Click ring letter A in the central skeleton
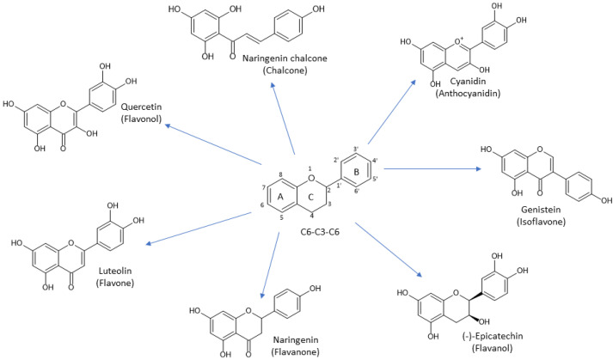tap(281, 195)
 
